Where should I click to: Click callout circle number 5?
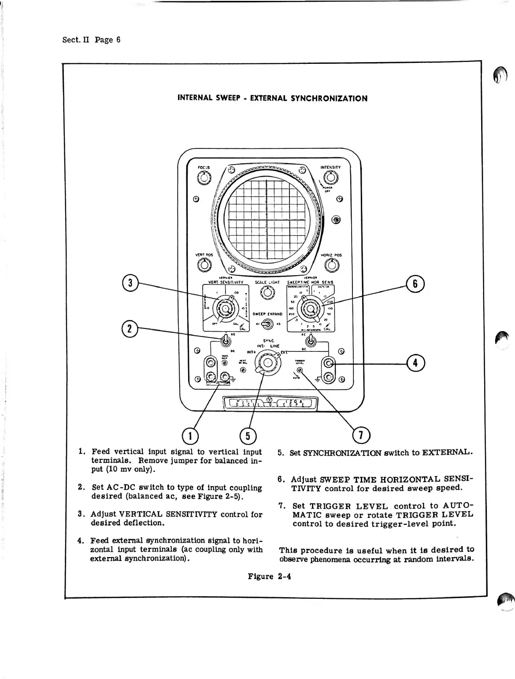point(248,436)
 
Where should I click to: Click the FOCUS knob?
point(204,178)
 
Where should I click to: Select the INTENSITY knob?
point(331,178)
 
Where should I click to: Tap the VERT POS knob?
point(204,265)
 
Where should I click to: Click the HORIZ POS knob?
point(331,265)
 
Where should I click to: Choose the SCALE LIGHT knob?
point(267,292)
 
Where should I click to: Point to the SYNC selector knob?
point(267,363)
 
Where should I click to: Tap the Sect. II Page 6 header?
point(91,40)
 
